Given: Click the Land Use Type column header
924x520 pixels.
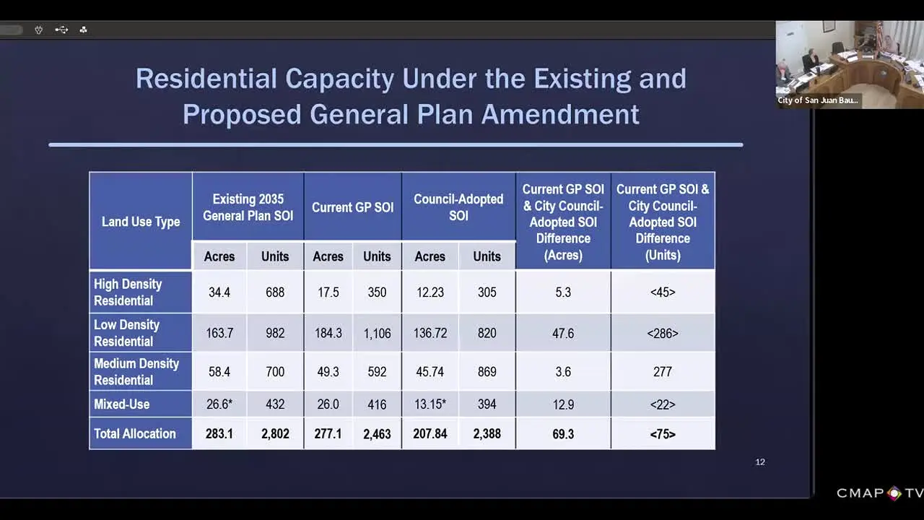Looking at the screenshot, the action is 141,222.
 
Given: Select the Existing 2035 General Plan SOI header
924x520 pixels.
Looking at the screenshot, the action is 248,207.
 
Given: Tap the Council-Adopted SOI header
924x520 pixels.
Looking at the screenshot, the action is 458,207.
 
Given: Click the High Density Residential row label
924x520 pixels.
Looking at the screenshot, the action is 128,292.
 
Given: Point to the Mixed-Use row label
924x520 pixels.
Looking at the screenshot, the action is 122,404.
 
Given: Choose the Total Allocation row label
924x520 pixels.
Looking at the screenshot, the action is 134,434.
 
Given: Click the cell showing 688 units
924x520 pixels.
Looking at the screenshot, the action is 275,292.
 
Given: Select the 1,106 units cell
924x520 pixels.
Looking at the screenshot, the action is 377,333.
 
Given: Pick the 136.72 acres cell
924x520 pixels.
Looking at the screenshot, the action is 430,333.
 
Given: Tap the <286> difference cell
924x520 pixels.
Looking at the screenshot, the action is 663,333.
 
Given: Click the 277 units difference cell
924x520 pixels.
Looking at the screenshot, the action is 663,371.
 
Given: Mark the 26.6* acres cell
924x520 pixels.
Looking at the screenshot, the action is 219,404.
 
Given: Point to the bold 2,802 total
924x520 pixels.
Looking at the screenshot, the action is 275,434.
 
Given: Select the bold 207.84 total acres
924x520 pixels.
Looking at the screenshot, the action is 430,434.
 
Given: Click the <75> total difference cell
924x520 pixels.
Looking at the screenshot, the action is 663,434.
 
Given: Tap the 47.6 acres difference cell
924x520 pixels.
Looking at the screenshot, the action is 563,333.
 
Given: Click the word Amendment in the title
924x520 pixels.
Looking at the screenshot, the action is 560,114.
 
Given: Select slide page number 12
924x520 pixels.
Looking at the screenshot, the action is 760,462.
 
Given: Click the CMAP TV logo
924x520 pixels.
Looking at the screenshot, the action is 880,493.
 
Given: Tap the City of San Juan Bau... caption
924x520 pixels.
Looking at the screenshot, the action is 818,100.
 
